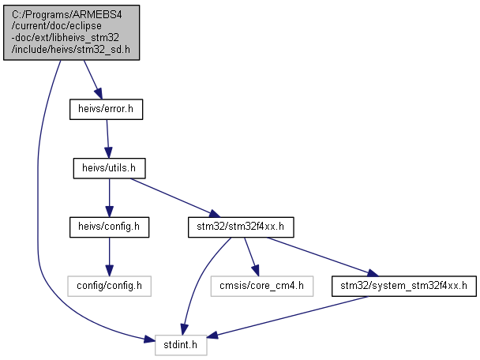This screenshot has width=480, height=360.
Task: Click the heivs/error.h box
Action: point(106,109)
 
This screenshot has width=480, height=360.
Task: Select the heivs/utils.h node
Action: point(109,168)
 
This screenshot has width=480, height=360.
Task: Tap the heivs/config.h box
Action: point(109,227)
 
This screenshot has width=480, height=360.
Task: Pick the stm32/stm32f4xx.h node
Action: point(241,227)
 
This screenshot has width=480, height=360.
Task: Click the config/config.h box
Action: point(109,287)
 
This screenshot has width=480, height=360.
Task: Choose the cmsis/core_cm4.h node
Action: point(262,287)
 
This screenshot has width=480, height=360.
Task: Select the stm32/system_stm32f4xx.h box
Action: point(404,287)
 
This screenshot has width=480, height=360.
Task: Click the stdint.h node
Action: point(181,345)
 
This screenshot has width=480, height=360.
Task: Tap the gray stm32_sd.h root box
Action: point(71,32)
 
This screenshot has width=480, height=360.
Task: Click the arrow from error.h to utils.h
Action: point(107,139)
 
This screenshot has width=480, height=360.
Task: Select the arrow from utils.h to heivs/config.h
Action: point(109,197)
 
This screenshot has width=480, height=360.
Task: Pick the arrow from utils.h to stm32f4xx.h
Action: point(175,197)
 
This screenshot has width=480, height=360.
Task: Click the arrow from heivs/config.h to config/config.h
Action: point(109,257)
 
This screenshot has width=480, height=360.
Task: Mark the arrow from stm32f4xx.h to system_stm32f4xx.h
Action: point(323,257)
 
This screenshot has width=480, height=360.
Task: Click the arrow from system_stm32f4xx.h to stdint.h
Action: point(287,317)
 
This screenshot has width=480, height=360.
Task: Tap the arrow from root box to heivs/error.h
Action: point(92,80)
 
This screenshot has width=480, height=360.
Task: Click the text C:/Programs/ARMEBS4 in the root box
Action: point(67,14)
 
